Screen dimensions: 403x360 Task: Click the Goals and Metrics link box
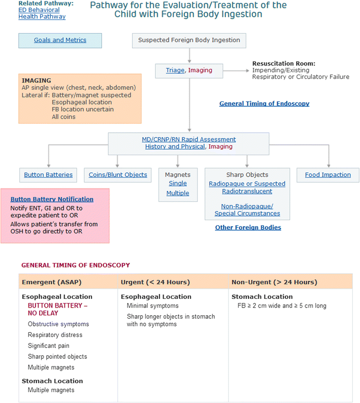(60, 40)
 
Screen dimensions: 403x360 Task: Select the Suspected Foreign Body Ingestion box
(189, 40)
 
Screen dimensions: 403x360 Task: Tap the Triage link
(175, 71)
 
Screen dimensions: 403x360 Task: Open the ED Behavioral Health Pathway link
(42, 13)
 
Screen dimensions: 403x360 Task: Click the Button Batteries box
(48, 175)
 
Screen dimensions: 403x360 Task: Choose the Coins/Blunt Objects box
(117, 175)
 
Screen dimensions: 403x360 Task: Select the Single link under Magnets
(177, 183)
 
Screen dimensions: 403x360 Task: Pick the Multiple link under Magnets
(177, 193)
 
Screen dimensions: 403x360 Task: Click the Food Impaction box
(328, 175)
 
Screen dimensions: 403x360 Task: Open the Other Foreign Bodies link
(248, 227)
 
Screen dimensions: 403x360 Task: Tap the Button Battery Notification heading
(52, 199)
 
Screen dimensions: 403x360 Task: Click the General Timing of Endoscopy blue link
(264, 104)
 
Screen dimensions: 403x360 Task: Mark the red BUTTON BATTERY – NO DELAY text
(57, 310)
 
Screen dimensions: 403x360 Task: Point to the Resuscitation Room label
(284, 63)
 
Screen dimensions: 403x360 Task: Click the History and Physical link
(175, 147)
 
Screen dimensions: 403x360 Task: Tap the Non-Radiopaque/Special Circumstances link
(247, 210)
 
